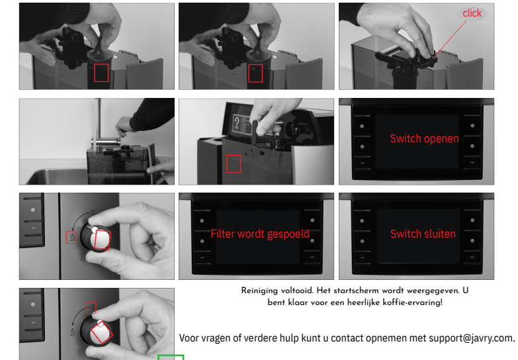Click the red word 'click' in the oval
[x=472, y=13]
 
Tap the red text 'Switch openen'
[x=424, y=138]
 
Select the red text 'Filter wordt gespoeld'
[x=260, y=234]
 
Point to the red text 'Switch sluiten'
[x=423, y=234]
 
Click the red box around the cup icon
[x=71, y=238]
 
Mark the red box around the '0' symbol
[x=91, y=308]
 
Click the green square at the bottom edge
[x=171, y=357]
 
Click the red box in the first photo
[x=101, y=73]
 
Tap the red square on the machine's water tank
[x=234, y=164]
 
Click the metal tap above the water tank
[x=106, y=142]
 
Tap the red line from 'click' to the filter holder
[x=450, y=39]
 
